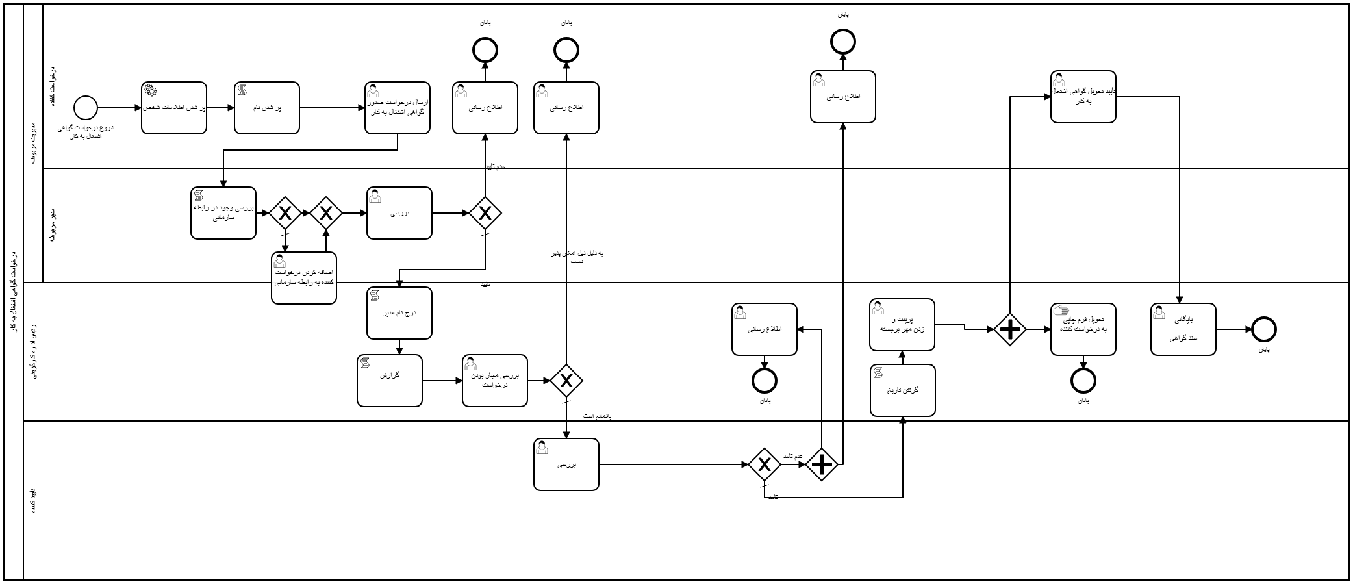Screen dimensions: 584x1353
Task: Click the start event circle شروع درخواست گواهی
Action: pyautogui.click(x=85, y=108)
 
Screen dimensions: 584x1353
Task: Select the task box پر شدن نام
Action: pyautogui.click(x=266, y=108)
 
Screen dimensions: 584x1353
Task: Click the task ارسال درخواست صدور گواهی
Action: pyautogui.click(x=397, y=108)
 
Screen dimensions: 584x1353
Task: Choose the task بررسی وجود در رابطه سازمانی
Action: pyautogui.click(x=223, y=213)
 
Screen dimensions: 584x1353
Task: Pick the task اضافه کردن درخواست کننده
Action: pyautogui.click(x=303, y=278)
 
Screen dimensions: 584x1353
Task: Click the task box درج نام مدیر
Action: pyautogui.click(x=399, y=313)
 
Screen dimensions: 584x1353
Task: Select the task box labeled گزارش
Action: pyautogui.click(x=389, y=381)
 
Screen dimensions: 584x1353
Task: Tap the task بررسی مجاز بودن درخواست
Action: pyautogui.click(x=494, y=381)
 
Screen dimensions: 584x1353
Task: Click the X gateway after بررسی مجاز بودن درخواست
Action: pyautogui.click(x=566, y=381)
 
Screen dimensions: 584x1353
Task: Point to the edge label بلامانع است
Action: pyautogui.click(x=596, y=416)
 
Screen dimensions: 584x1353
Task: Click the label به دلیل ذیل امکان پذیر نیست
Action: pyautogui.click(x=577, y=257)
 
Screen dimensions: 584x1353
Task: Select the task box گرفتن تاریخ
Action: pyautogui.click(x=902, y=390)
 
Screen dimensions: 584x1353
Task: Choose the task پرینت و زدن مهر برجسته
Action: pyautogui.click(x=902, y=325)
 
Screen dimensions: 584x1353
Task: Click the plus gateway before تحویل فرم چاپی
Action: pyautogui.click(x=1009, y=330)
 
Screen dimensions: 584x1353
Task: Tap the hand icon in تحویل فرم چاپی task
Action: pyautogui.click(x=1061, y=311)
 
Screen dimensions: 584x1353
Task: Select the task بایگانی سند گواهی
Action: pyautogui.click(x=1183, y=329)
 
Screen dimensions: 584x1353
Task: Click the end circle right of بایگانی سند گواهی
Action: pyautogui.click(x=1263, y=329)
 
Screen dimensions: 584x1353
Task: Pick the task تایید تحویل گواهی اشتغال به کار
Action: pyautogui.click(x=1083, y=97)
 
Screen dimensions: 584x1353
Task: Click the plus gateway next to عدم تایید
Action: pyautogui.click(x=822, y=464)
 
